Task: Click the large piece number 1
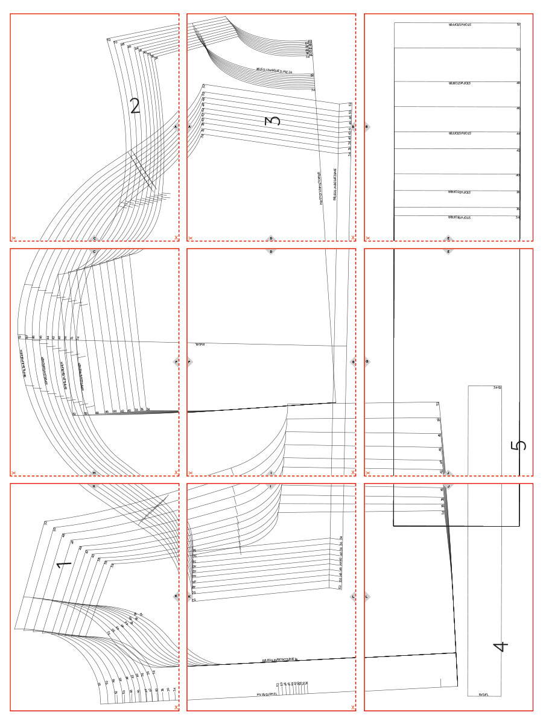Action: click(x=64, y=565)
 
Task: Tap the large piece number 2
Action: click(x=135, y=106)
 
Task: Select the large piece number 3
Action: click(x=273, y=121)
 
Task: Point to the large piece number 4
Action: click(x=501, y=647)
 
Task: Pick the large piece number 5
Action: click(x=518, y=445)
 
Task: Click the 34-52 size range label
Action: click(x=498, y=387)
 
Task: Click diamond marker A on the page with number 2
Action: click(x=176, y=127)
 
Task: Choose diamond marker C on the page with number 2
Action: click(x=94, y=238)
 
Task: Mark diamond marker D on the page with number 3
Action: click(x=271, y=238)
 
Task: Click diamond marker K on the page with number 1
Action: click(x=176, y=597)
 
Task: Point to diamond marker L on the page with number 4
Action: click(x=367, y=597)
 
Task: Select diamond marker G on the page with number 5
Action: click(x=367, y=362)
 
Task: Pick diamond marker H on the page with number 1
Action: click(x=94, y=486)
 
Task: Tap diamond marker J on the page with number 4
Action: click(x=448, y=486)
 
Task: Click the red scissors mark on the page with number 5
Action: click(x=368, y=473)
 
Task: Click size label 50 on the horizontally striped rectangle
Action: click(x=518, y=49)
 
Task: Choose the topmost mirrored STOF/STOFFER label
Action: click(x=463, y=25)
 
